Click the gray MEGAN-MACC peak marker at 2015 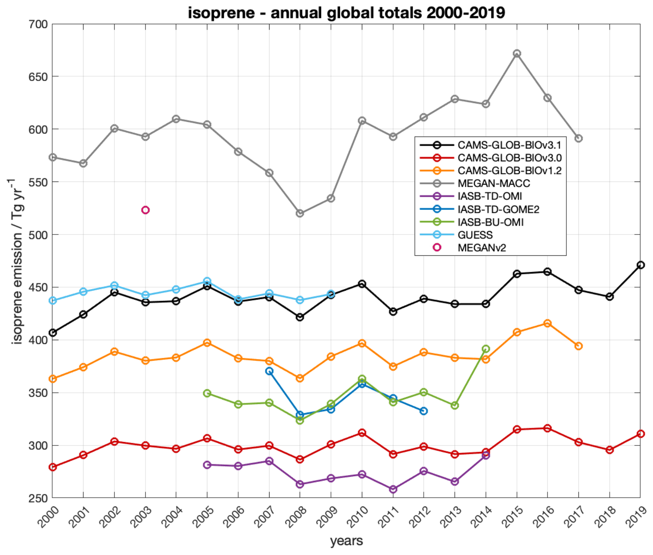click(x=517, y=54)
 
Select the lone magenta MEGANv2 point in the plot click(x=145, y=210)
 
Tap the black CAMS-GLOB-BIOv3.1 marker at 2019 click(x=640, y=265)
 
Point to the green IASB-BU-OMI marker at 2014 click(x=485, y=349)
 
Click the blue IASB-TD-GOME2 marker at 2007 click(x=269, y=371)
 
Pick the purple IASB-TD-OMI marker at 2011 click(x=393, y=489)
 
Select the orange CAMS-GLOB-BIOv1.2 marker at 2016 click(x=548, y=323)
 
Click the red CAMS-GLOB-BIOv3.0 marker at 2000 click(x=53, y=467)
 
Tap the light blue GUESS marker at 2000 click(x=53, y=301)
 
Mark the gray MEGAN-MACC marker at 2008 click(x=300, y=213)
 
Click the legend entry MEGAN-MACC click(x=493, y=184)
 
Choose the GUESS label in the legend click(x=475, y=235)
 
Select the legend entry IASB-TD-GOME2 click(x=498, y=209)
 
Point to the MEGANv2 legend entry click(x=482, y=248)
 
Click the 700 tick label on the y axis click(x=38, y=24)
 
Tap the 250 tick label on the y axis click(x=38, y=498)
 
